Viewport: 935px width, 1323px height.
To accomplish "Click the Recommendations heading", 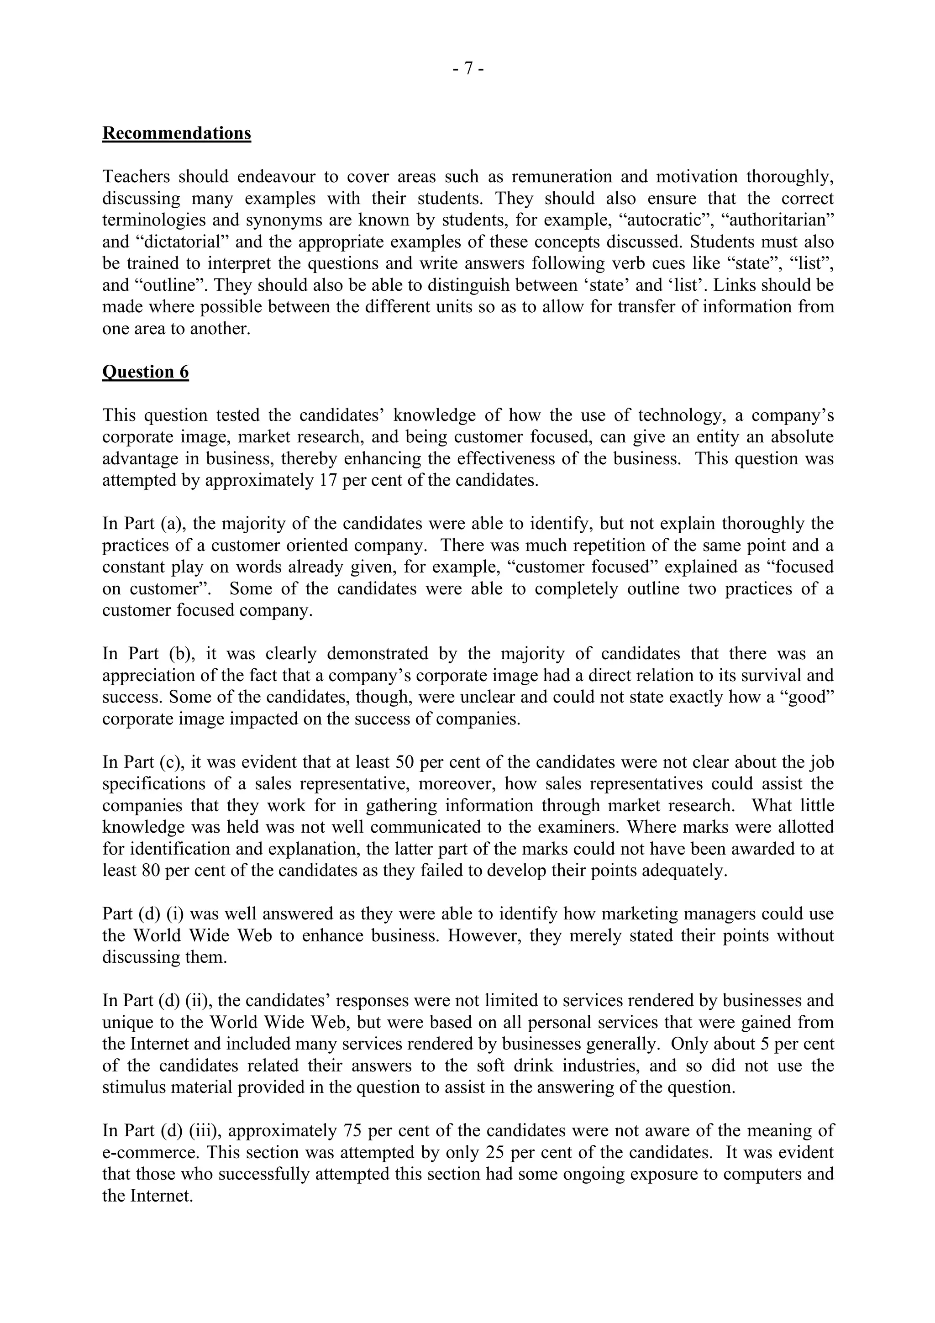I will (176, 133).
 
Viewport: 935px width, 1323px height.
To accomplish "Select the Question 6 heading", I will (145, 372).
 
